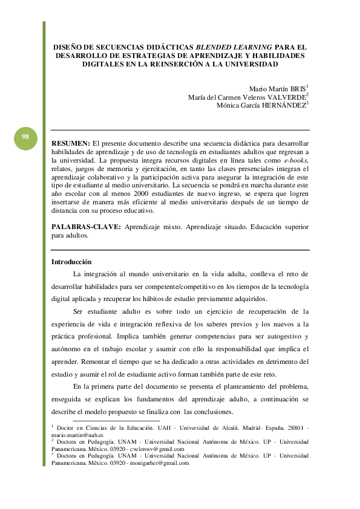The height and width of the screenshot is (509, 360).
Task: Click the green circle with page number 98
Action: coord(25,137)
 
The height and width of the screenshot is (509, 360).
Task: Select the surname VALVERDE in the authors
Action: coord(286,97)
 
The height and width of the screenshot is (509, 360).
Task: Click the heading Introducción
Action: coord(71,262)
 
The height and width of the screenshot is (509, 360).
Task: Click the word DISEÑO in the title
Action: coord(67,46)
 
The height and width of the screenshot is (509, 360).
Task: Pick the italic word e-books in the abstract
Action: coord(296,160)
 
